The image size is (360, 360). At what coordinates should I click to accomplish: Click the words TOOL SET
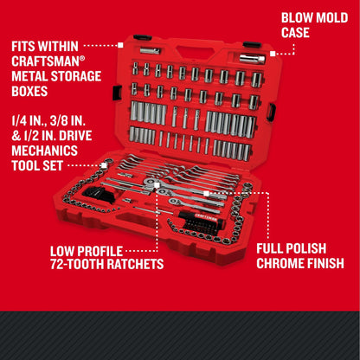coord(37,166)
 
